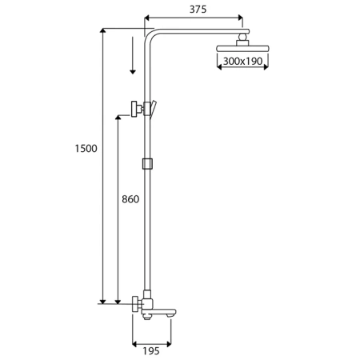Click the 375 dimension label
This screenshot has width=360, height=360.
(198, 10)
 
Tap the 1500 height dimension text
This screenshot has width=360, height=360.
(86, 149)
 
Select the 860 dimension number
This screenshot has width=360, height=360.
(130, 199)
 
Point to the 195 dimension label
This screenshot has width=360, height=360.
(151, 351)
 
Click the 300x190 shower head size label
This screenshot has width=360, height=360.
(242, 61)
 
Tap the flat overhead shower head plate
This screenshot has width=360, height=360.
(242, 49)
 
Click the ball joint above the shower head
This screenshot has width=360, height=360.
(242, 37)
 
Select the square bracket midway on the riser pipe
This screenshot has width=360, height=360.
(147, 164)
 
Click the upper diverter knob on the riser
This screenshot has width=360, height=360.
(136, 109)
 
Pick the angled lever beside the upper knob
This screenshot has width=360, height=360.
(153, 109)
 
